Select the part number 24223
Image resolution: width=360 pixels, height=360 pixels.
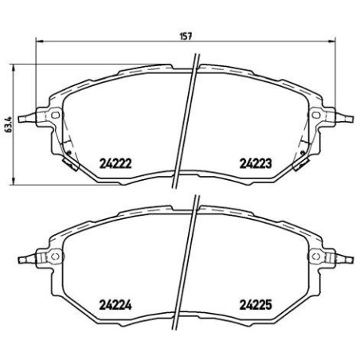click(256, 162)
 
